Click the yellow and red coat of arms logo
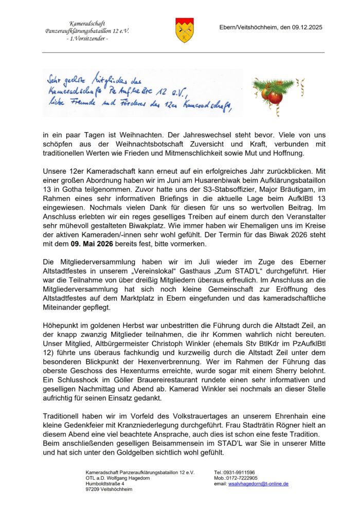coord(185,29)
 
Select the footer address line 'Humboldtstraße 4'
coord(105,484)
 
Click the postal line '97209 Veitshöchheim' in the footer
coord(109,489)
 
